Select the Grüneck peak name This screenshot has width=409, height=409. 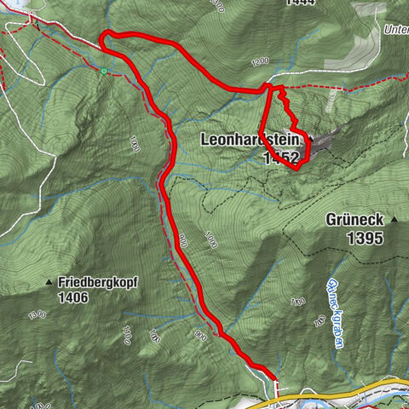pyautogui.click(x=354, y=220)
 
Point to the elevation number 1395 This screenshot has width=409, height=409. pyautogui.click(x=366, y=239)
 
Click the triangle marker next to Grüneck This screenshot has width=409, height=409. pyautogui.click(x=395, y=220)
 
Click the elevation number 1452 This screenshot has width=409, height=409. pyautogui.click(x=282, y=158)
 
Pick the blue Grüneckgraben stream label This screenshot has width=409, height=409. pyautogui.click(x=336, y=314)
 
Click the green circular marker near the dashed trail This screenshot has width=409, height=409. pyautogui.click(x=103, y=72)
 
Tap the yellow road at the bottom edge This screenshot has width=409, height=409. pyautogui.click(x=341, y=388)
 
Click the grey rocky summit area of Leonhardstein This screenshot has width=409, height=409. pyautogui.click(x=328, y=141)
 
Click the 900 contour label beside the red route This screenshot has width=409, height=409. pyautogui.click(x=181, y=242)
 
